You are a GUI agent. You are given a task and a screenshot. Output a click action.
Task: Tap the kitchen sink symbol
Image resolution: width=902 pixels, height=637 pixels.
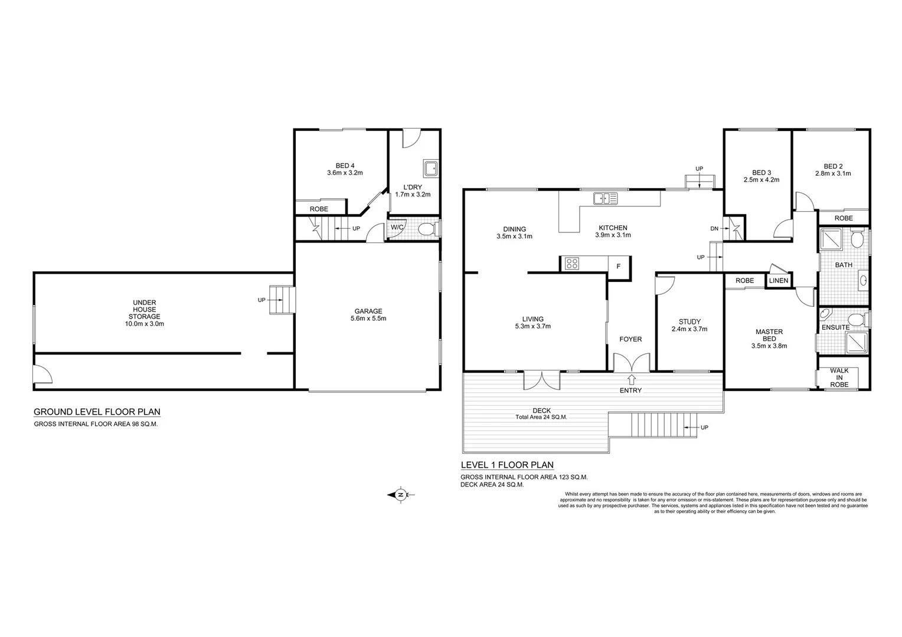[x=605, y=199]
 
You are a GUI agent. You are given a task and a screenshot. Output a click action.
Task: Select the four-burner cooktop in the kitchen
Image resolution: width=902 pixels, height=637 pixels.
[x=571, y=264]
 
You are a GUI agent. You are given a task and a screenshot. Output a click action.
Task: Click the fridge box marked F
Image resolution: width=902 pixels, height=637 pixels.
[x=619, y=267]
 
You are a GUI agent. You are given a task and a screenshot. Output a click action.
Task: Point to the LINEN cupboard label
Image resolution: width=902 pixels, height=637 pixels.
[x=779, y=281]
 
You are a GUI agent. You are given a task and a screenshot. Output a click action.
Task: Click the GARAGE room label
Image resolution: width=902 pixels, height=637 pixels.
[x=368, y=311]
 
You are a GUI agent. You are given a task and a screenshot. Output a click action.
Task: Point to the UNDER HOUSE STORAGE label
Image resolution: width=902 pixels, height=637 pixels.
[x=145, y=310]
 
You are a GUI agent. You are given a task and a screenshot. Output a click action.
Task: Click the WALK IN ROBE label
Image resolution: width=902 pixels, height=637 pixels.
[x=839, y=377]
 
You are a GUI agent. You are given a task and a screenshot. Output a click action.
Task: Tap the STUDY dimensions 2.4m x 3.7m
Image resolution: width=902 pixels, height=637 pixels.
[x=689, y=329]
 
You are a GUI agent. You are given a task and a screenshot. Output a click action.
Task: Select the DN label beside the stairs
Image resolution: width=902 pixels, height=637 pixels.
[x=714, y=229]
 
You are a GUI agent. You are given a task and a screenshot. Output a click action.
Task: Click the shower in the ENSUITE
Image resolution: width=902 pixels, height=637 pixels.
[x=857, y=342]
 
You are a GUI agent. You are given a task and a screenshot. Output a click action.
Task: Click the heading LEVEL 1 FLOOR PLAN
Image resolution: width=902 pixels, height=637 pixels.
[x=507, y=465]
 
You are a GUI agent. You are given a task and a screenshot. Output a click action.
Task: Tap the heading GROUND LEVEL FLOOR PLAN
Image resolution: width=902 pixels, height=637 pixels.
[x=97, y=412]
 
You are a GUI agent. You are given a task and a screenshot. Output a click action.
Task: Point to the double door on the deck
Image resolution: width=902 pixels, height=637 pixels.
[x=542, y=379]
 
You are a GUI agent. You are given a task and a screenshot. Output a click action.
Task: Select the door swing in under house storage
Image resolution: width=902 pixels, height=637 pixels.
[x=43, y=373]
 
